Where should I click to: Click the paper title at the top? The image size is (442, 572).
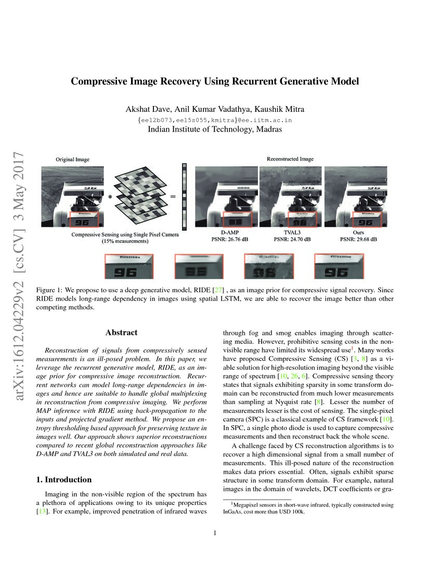click(x=215, y=82)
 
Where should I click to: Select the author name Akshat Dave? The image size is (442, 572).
click(x=144, y=109)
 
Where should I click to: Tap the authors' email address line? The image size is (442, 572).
click(x=215, y=120)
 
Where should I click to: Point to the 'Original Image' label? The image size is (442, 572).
click(x=72, y=159)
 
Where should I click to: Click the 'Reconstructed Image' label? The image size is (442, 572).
click(x=290, y=159)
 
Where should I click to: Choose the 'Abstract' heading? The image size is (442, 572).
click(x=121, y=332)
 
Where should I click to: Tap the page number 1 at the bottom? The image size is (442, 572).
click(x=215, y=532)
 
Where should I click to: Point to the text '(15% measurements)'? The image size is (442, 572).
click(x=125, y=241)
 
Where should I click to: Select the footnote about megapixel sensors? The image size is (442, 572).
click(x=308, y=508)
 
